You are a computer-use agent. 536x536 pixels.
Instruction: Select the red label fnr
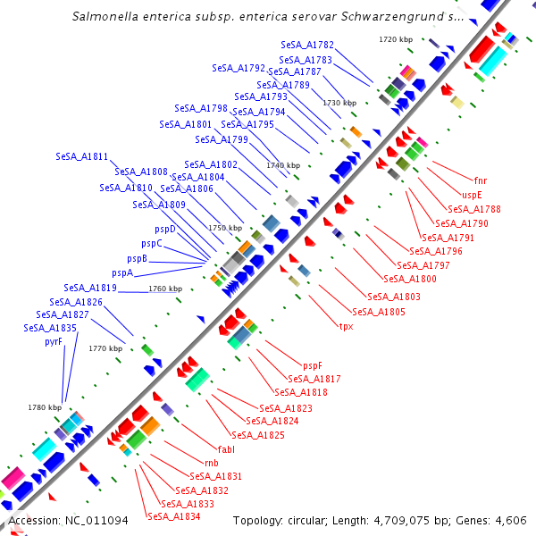[x=481, y=180]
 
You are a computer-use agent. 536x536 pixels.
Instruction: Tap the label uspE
[x=472, y=195]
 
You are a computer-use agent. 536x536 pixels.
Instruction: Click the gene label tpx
[x=346, y=326]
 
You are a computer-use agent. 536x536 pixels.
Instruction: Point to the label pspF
[x=312, y=365]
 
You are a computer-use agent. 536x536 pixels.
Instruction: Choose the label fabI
[x=226, y=448]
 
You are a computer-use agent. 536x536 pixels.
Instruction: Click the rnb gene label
[x=212, y=463]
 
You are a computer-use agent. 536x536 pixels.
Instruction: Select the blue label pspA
[x=122, y=272]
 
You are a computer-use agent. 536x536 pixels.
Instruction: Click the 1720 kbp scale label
[x=396, y=39]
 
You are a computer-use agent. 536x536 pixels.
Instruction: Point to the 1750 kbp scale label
[x=225, y=228]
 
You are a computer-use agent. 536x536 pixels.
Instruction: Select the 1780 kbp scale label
[x=45, y=407]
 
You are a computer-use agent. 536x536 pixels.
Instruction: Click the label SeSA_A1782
[x=307, y=45]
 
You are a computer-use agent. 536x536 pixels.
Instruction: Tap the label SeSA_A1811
[x=81, y=156]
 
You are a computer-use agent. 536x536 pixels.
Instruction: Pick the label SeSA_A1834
[x=173, y=516]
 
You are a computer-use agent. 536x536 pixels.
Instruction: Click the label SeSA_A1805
[x=379, y=312]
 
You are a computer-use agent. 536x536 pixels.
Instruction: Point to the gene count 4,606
[x=510, y=521]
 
